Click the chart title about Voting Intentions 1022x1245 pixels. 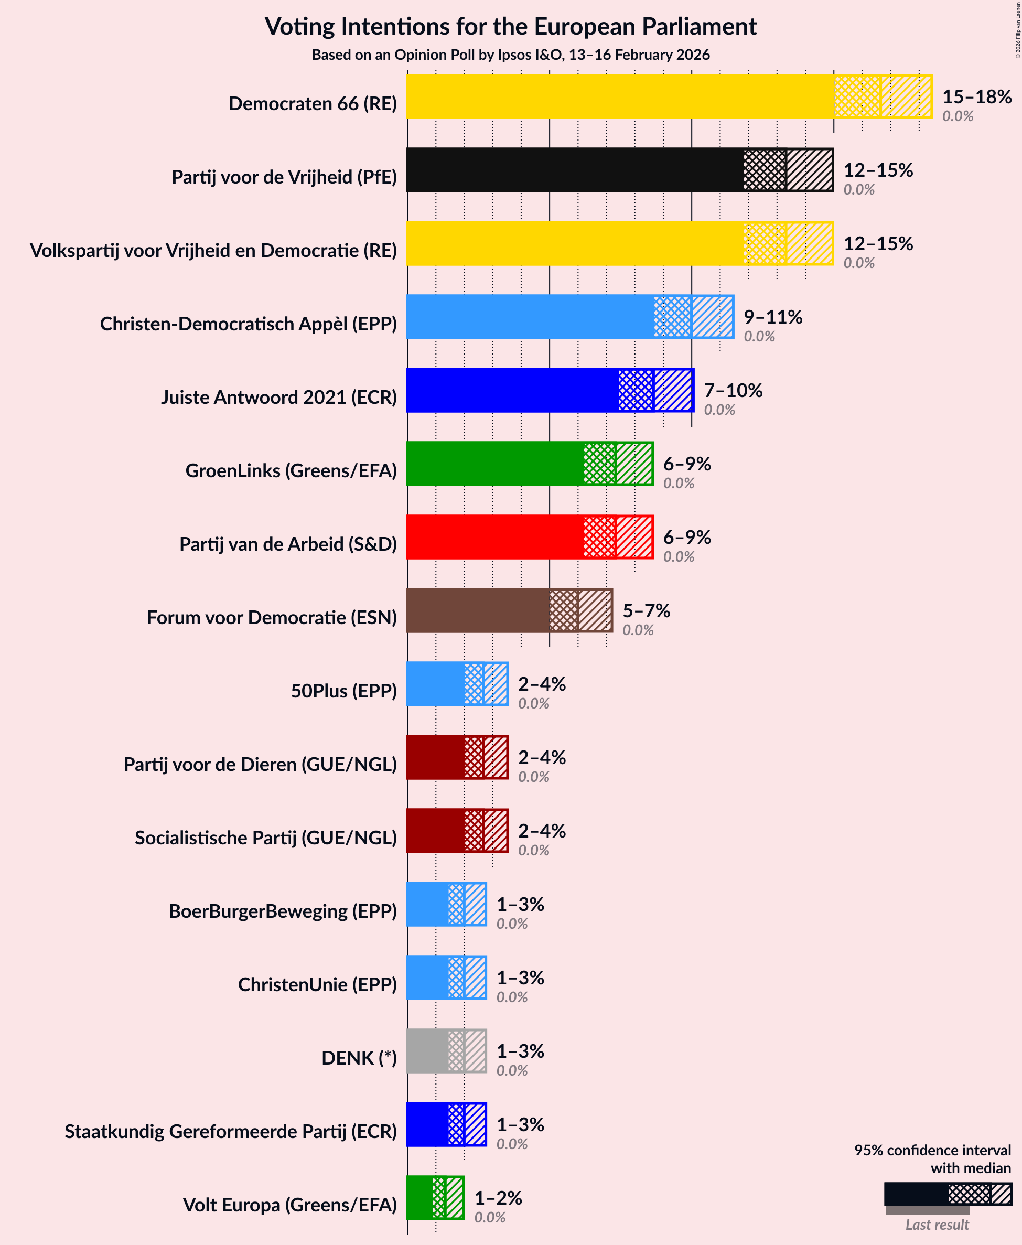tap(510, 27)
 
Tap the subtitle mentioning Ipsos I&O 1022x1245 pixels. tap(510, 55)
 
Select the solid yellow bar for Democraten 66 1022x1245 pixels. tap(618, 96)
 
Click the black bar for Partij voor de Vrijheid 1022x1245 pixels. tap(574, 170)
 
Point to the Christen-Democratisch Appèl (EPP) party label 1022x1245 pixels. tap(249, 324)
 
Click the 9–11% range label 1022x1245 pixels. tap(772, 317)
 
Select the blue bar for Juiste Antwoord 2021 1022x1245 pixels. tap(512, 390)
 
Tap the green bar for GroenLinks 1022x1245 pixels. tap(494, 464)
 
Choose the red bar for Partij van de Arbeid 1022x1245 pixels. tap(494, 537)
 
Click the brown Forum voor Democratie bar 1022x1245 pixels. tap(477, 610)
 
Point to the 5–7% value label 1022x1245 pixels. tap(646, 610)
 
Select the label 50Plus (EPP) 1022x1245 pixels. tap(344, 691)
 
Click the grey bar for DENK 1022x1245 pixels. tap(427, 1051)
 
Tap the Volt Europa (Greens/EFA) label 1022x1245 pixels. tap(289, 1205)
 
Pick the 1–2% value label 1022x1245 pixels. tap(498, 1198)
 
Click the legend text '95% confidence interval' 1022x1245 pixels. tap(932, 1150)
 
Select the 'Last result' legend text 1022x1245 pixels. tap(936, 1225)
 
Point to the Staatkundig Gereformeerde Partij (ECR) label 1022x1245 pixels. tap(231, 1131)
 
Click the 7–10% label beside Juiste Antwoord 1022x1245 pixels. tap(733, 390)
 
